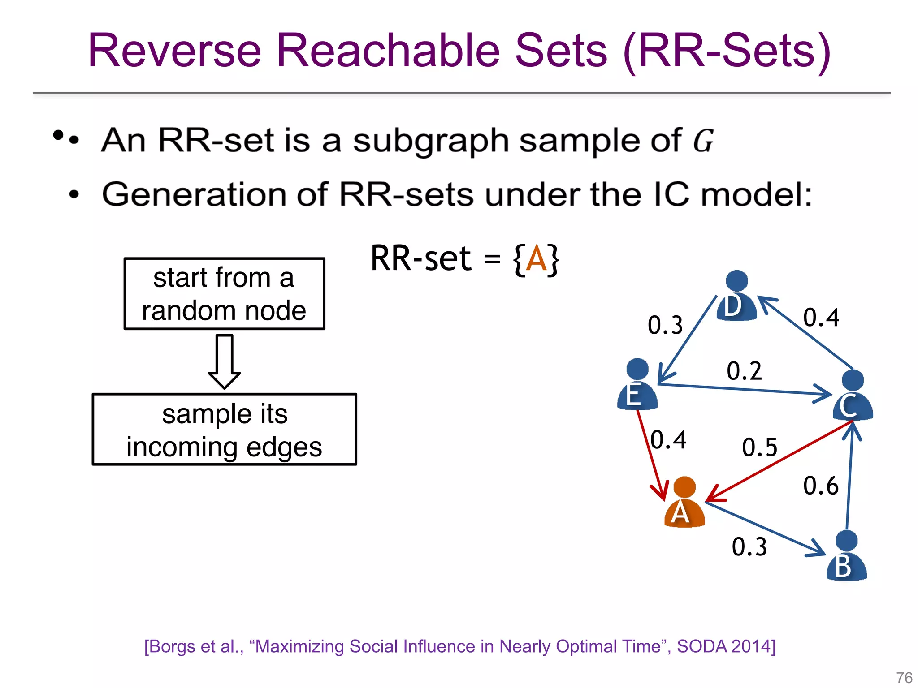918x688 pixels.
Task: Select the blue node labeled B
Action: coord(846,556)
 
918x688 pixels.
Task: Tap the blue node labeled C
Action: coord(853,396)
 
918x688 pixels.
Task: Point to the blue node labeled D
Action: coord(736,296)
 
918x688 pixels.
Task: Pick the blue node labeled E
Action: coord(637,385)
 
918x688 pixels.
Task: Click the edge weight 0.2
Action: coord(744,371)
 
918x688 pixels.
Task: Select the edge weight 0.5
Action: coord(759,447)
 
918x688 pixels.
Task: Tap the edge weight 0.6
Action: coord(820,486)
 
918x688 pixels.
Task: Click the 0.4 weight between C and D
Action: coord(821,318)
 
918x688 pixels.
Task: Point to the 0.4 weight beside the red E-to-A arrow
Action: coord(668,440)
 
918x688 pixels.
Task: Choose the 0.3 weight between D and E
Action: coord(665,325)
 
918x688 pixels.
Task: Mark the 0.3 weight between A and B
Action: coord(749,547)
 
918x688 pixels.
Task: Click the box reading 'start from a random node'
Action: coord(224,294)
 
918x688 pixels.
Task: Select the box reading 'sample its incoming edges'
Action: coord(224,430)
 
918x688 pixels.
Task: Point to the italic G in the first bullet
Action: coord(703,141)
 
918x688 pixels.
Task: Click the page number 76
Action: coord(904,677)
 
